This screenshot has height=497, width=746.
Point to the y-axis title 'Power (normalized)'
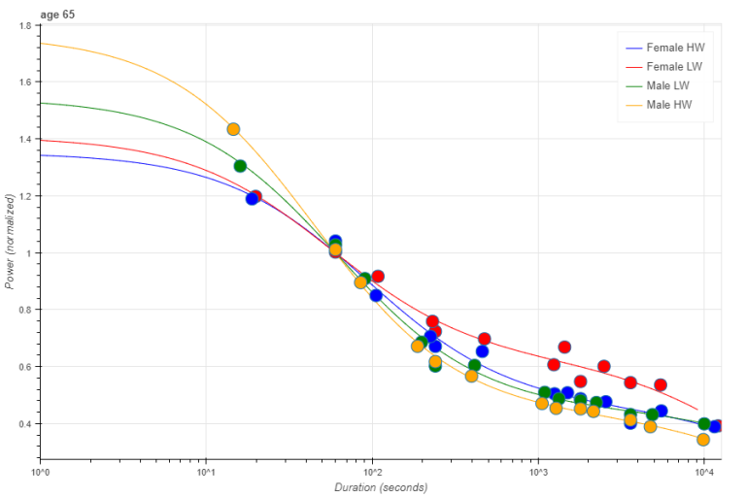coord(11,241)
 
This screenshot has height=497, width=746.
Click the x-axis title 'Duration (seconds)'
coord(374,486)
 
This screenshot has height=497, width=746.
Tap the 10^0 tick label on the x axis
coord(41,472)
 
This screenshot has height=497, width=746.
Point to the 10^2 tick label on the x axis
coord(372,472)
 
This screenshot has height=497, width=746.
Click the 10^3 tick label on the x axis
coord(537,472)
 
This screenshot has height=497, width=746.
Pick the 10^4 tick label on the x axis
coord(702,472)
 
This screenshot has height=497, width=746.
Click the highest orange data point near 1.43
coord(233,129)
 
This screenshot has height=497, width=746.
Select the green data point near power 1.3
coord(240,166)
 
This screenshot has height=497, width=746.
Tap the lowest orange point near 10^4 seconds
coord(703,439)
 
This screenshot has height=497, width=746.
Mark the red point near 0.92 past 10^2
coord(378,277)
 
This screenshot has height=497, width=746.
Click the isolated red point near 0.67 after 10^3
coord(564,347)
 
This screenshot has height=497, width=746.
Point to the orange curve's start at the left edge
coord(42,43)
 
